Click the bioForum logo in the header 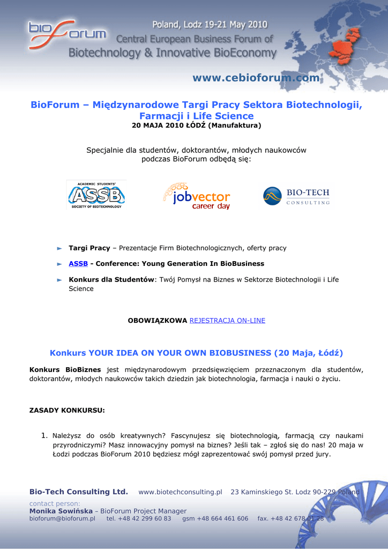click(67, 33)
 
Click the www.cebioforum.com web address click(256, 78)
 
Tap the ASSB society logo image click(96, 195)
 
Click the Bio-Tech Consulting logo click(296, 196)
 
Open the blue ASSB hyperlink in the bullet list click(78, 264)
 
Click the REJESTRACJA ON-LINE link click(227, 321)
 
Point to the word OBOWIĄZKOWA click(157, 321)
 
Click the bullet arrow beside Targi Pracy click(60, 248)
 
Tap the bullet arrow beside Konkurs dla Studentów click(60, 280)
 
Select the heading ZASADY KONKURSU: click(67, 411)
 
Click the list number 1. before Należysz click(45, 435)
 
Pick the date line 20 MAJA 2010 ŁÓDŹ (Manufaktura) click(196, 126)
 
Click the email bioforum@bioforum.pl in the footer click(62, 518)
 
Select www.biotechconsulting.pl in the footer click(180, 492)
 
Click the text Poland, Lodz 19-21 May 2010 click(210, 25)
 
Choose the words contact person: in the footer click(54, 503)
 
